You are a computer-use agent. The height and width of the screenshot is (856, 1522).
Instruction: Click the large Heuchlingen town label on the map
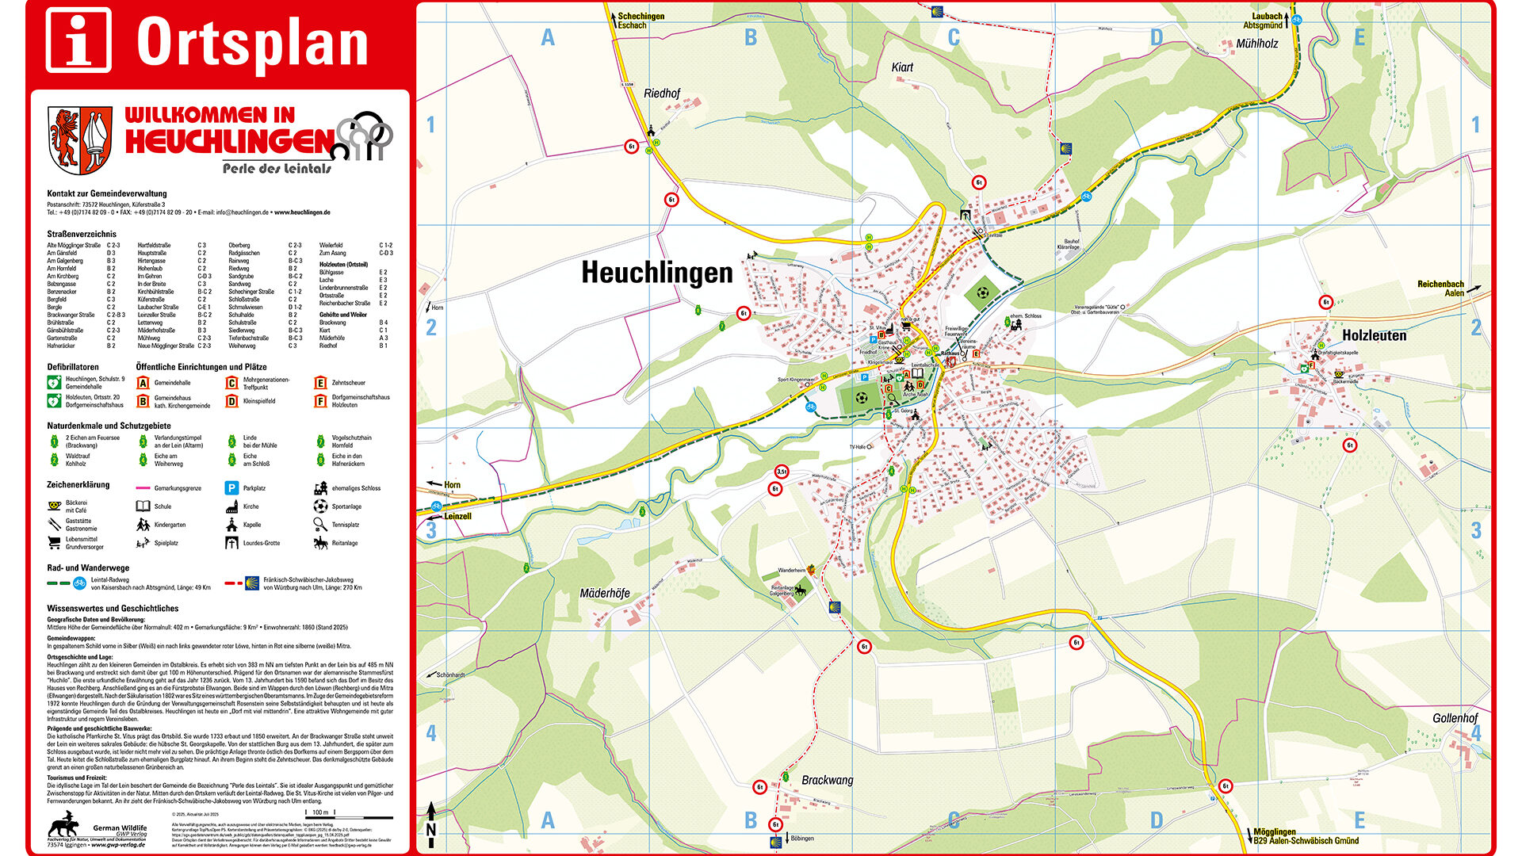657,273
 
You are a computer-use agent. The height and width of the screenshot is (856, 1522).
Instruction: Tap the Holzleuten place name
1374,335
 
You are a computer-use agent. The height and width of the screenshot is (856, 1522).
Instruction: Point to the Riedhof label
662,94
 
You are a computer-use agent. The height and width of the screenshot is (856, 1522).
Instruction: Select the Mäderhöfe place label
605,593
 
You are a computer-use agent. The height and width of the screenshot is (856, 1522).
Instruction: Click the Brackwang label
828,780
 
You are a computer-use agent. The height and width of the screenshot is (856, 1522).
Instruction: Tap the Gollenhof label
1455,718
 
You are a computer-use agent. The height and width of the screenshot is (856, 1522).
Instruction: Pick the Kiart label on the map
902,67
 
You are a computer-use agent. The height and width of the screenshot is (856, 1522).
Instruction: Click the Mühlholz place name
1257,44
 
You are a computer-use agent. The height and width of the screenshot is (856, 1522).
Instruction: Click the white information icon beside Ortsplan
78,40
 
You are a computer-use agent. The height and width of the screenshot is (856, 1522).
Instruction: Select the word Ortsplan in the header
253,42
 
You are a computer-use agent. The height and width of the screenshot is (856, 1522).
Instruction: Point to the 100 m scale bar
319,813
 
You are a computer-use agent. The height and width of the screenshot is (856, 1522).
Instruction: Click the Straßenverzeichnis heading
82,234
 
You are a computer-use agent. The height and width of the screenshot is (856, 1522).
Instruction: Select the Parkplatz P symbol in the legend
231,488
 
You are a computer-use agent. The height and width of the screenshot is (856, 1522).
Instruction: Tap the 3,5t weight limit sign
782,472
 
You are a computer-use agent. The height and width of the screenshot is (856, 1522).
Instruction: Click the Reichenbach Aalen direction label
1440,289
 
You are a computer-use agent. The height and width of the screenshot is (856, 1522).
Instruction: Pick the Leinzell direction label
457,516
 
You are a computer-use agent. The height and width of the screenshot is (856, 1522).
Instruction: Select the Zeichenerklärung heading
78,484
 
